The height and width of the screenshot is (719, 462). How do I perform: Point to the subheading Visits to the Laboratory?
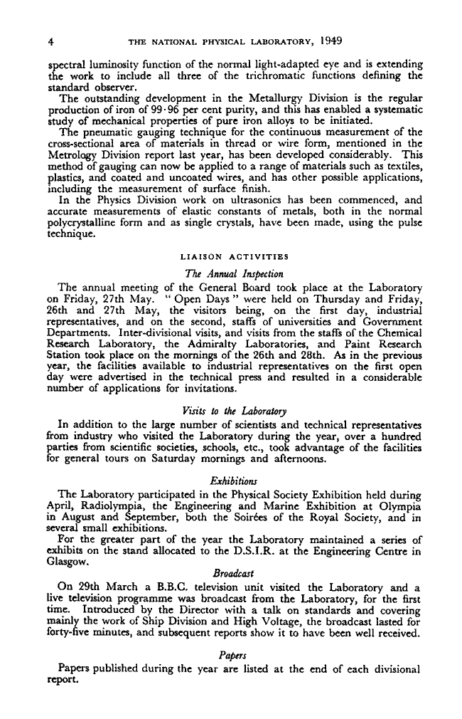tap(234, 411)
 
